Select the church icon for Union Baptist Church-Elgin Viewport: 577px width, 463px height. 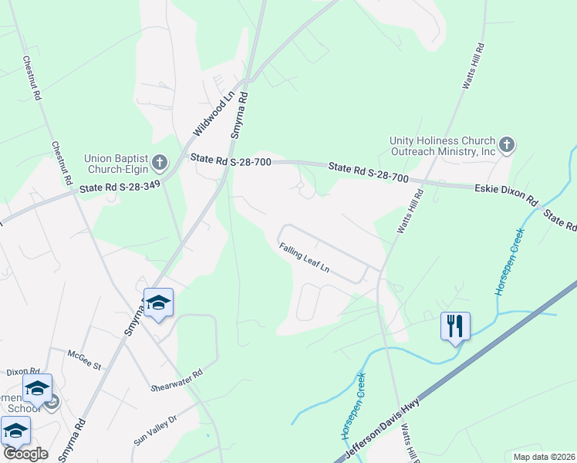tap(160, 162)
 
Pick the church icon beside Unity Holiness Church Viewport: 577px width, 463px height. tap(507, 144)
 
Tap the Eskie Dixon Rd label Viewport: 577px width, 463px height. tap(506, 192)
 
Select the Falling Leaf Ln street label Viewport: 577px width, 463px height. tap(305, 258)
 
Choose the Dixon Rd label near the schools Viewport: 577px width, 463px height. tap(22, 371)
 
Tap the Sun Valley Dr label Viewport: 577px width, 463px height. tap(156, 429)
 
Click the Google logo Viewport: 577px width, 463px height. tap(25, 453)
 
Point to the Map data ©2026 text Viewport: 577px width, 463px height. tap(544, 456)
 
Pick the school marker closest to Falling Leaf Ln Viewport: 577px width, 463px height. tap(159, 303)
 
